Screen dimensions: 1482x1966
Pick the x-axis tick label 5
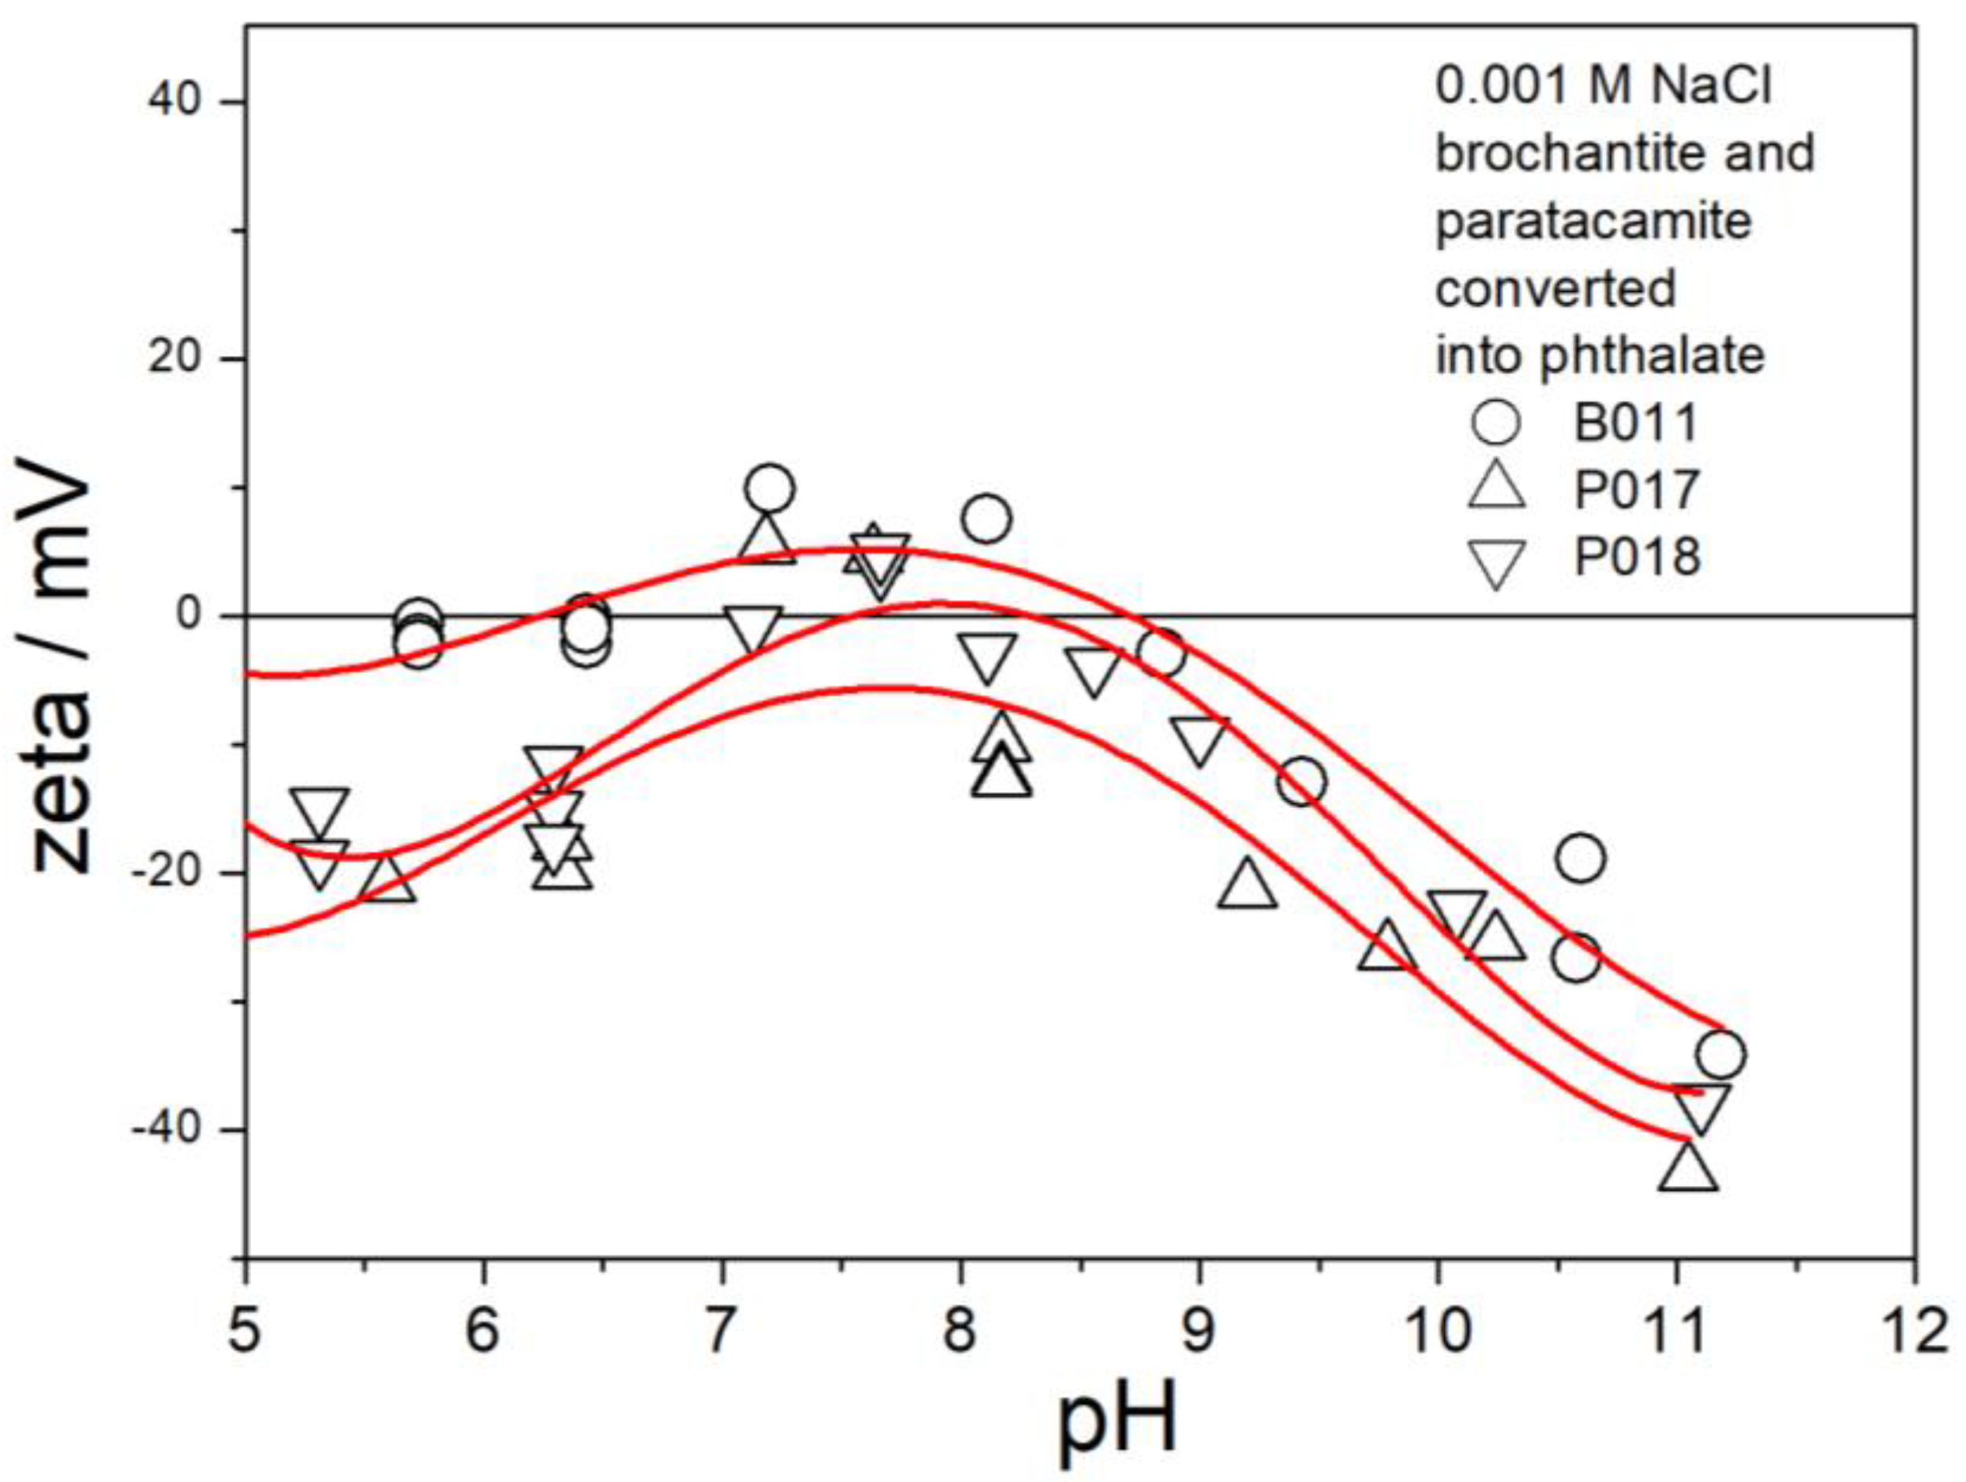tap(246, 1333)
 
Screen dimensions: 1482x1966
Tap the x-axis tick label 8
tap(961, 1333)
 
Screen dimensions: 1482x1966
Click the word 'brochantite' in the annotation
tap(1551, 153)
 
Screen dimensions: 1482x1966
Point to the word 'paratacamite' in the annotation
tap(1593, 220)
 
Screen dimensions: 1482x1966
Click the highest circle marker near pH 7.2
tap(771, 488)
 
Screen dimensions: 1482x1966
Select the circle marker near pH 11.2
tap(1720, 1054)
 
